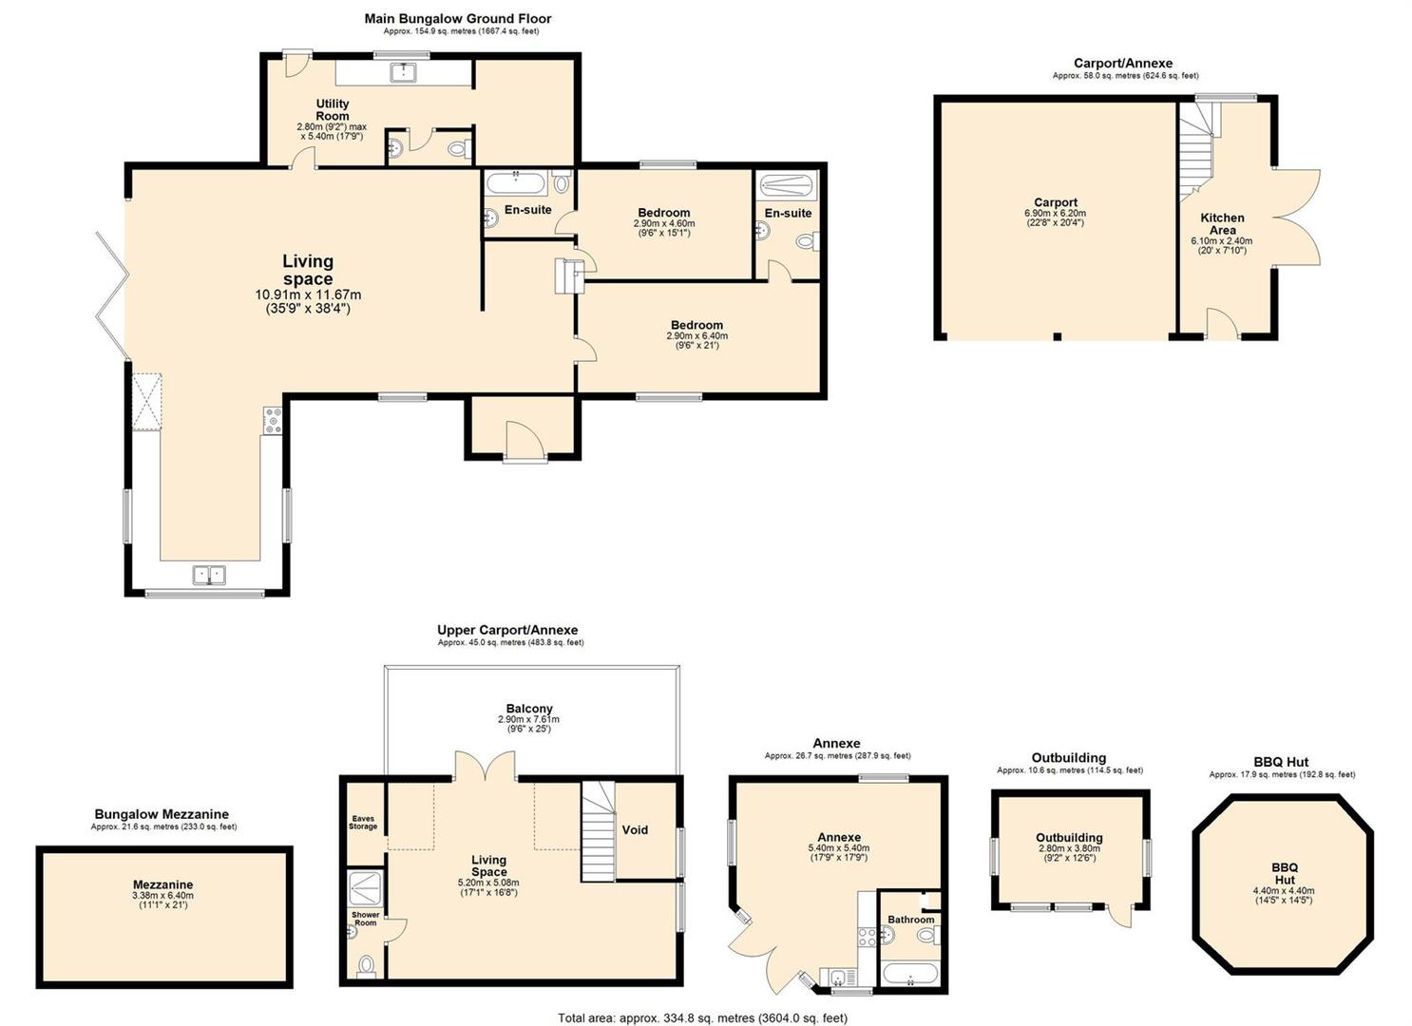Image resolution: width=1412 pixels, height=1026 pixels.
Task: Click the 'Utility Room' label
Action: pyautogui.click(x=333, y=109)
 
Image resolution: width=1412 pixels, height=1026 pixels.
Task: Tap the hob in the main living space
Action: pyautogui.click(x=274, y=420)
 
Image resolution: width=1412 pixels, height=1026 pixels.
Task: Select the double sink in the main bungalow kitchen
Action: pyautogui.click(x=209, y=575)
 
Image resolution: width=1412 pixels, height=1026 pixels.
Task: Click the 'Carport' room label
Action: pyautogui.click(x=1056, y=202)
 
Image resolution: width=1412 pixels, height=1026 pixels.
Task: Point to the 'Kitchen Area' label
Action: pyautogui.click(x=1222, y=224)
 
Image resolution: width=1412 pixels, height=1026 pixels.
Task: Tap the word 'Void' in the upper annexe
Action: pyautogui.click(x=635, y=830)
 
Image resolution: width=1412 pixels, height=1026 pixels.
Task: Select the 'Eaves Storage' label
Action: pyautogui.click(x=363, y=823)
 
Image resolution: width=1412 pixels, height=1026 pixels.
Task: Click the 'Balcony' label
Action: pyautogui.click(x=529, y=709)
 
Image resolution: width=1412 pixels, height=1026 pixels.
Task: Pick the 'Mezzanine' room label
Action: pyautogui.click(x=162, y=884)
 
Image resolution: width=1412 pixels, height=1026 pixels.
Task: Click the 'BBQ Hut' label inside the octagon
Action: pyautogui.click(x=1284, y=873)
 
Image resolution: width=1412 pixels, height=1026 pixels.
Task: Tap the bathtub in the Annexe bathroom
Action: pyautogui.click(x=909, y=973)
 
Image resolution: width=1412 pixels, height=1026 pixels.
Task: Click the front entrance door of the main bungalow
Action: pyautogui.click(x=525, y=441)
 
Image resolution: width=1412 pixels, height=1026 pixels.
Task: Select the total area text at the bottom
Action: pyautogui.click(x=702, y=1017)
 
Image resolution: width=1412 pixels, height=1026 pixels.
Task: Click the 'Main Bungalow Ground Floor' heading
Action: pyautogui.click(x=458, y=19)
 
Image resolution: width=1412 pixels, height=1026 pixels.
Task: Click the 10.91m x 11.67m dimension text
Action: pyautogui.click(x=308, y=294)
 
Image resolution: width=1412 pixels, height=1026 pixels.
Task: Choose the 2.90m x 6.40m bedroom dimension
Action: pyautogui.click(x=696, y=336)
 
